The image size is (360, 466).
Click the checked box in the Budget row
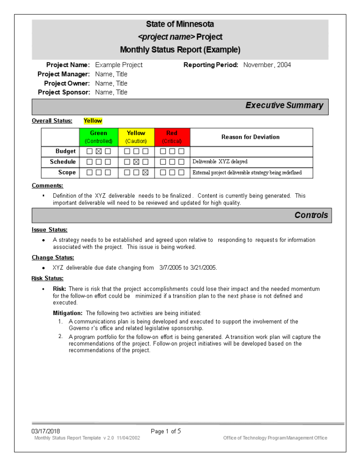pos(98,151)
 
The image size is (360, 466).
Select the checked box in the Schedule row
pos(136,162)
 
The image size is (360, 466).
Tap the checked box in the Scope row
pos(145,173)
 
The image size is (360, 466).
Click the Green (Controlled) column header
pos(98,137)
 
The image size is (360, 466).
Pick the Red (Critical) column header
pos(172,137)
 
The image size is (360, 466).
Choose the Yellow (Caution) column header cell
pos(136,137)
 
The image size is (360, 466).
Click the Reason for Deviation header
pos(250,137)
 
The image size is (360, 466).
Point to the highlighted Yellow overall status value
pos(93,121)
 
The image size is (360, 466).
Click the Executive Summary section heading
pos(284,105)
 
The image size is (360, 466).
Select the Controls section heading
pos(311,215)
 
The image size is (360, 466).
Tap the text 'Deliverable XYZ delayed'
pos(220,162)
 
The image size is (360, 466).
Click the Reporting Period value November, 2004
pos(267,65)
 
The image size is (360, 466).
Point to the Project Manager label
pos(63,74)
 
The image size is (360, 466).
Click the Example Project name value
pos(119,65)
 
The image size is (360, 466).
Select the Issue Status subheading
pos(49,230)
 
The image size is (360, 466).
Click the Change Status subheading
pos(52,257)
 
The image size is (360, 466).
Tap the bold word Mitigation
pos(67,313)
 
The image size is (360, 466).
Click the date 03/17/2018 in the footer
pos(45,431)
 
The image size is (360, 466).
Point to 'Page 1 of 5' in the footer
pos(166,431)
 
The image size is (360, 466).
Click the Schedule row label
pos(63,162)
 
